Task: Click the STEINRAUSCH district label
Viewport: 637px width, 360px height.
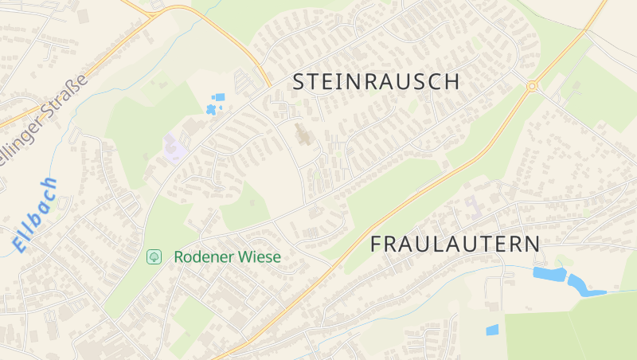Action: pyautogui.click(x=377, y=81)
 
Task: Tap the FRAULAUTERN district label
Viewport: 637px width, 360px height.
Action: pyautogui.click(x=455, y=245)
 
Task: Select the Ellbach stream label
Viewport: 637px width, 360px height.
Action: pyautogui.click(x=36, y=215)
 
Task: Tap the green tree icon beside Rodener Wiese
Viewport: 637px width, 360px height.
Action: pyautogui.click(x=154, y=256)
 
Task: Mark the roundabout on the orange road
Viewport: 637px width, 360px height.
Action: pyautogui.click(x=532, y=85)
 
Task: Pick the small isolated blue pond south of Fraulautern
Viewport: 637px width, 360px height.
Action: pyautogui.click(x=492, y=330)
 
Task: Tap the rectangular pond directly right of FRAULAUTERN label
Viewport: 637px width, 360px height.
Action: pyautogui.click(x=549, y=275)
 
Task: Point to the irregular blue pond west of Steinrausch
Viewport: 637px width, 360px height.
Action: pyautogui.click(x=210, y=109)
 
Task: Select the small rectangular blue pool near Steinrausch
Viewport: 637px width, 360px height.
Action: pyautogui.click(x=220, y=97)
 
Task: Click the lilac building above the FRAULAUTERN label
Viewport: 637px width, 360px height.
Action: pyautogui.click(x=475, y=205)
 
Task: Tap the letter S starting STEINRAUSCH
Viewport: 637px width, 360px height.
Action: pyautogui.click(x=300, y=81)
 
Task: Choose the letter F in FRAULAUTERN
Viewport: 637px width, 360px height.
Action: pyautogui.click(x=377, y=245)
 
